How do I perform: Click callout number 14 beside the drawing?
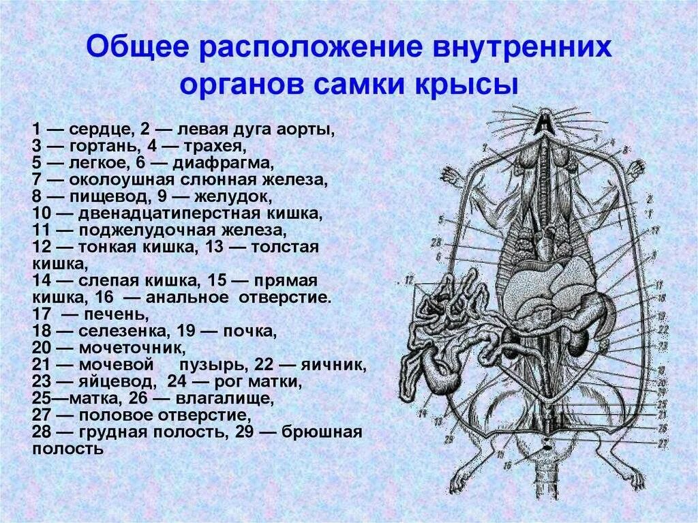tap(422, 413)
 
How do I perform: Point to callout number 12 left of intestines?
tap(409, 280)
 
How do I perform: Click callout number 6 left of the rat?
tap(438, 257)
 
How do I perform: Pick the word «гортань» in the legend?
tap(100, 147)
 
